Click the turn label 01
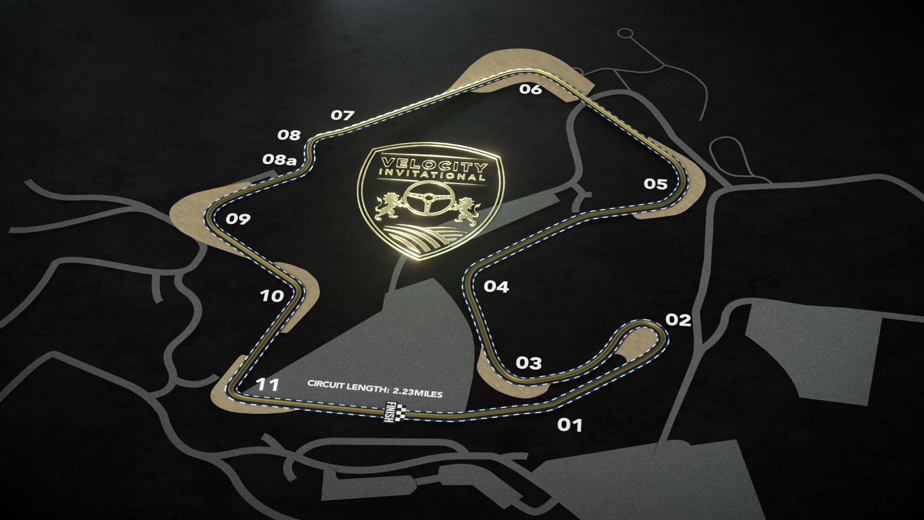(x=570, y=425)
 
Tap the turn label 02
(x=678, y=320)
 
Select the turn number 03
(x=528, y=363)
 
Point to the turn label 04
(x=496, y=287)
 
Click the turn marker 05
(x=656, y=184)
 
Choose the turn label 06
(x=530, y=89)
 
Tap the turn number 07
(x=343, y=116)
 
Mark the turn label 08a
(x=279, y=160)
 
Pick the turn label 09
(x=238, y=220)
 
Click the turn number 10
(x=272, y=296)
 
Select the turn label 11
(x=268, y=385)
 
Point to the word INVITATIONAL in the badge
(x=431, y=176)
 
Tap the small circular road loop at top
(x=626, y=33)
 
